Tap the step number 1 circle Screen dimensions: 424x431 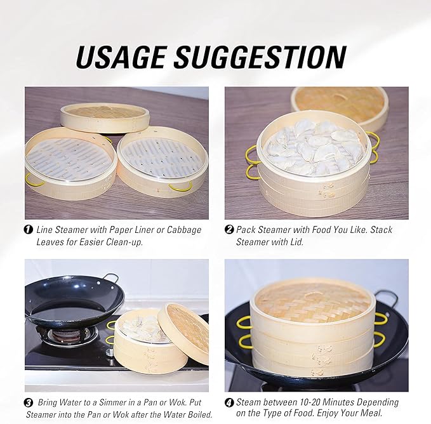(x=29, y=230)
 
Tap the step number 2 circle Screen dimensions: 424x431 (x=229, y=230)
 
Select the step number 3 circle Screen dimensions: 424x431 (x=29, y=402)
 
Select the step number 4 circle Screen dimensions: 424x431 (x=229, y=402)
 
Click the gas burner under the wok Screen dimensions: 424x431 (x=66, y=335)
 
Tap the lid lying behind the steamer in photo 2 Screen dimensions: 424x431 (x=340, y=102)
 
